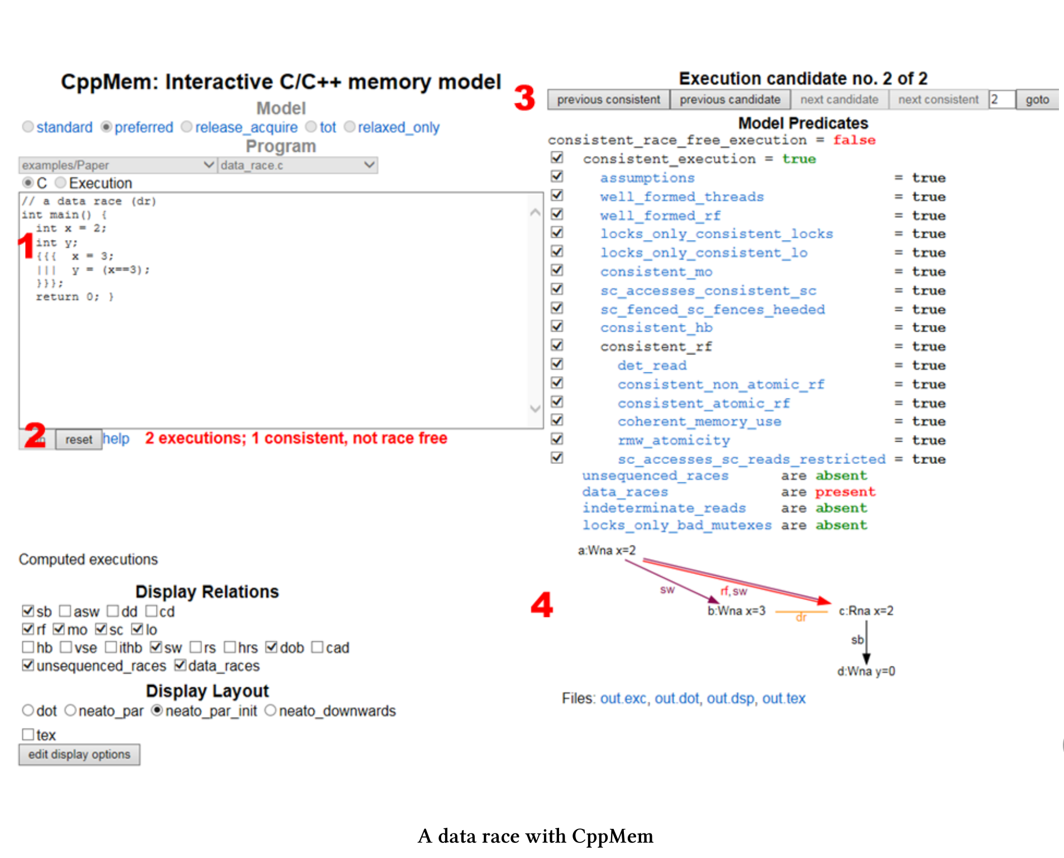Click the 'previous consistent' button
click(x=608, y=100)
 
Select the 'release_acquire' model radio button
click(x=187, y=127)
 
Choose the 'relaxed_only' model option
click(x=350, y=127)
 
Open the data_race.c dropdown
click(x=297, y=165)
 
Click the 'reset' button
click(x=78, y=440)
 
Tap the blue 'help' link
click(x=116, y=439)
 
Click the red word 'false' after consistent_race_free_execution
click(x=853, y=140)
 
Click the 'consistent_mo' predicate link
click(x=656, y=272)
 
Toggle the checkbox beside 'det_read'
click(x=557, y=365)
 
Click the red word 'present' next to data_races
click(x=844, y=492)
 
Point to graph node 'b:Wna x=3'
click(x=736, y=611)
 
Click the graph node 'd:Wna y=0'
click(x=866, y=672)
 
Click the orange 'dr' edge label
click(x=801, y=617)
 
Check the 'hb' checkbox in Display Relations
click(x=28, y=648)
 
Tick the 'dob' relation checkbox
click(x=271, y=648)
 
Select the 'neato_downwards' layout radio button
click(x=270, y=711)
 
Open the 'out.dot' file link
click(x=676, y=699)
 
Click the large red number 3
click(x=524, y=98)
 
